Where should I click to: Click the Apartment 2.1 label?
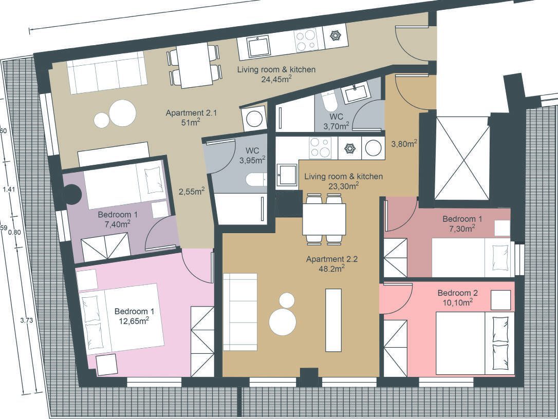pos(191,113)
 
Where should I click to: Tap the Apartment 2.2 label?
pos(332,259)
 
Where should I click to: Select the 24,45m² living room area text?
pos(276,79)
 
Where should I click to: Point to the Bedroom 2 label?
pos(458,293)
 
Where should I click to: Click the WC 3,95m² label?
pos(252,156)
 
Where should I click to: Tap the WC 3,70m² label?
pos(337,121)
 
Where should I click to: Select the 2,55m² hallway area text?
pos(192,192)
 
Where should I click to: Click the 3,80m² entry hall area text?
pos(404,144)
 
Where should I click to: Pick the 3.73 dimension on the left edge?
pos(27,320)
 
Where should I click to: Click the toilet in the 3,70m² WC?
pos(329,101)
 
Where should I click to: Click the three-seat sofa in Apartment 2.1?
pos(107,73)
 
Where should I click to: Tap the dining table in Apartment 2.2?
pos(324,219)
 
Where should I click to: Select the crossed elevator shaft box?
pos(462,158)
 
